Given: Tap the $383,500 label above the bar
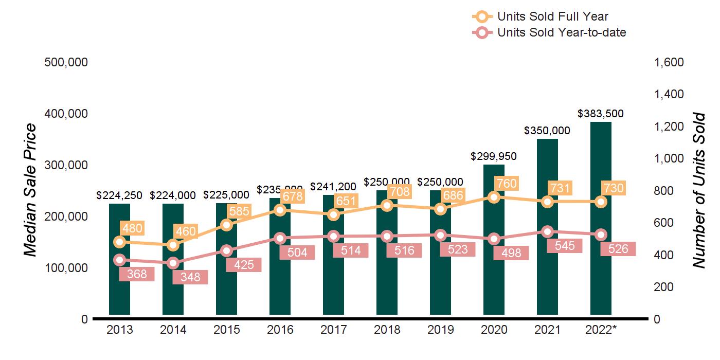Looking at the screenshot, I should (601, 114).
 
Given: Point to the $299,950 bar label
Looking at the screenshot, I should (494, 156).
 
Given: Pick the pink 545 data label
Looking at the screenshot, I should (565, 246).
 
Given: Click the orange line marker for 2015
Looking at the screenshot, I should (226, 225).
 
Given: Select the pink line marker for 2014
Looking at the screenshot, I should (173, 263).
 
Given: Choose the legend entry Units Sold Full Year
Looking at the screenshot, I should (553, 16).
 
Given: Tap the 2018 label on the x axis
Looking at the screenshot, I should (387, 330).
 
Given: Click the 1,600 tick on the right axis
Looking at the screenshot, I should (669, 62).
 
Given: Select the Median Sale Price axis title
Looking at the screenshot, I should (31, 190).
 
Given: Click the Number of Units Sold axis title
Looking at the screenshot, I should (698, 190).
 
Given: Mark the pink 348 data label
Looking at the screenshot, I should (190, 277).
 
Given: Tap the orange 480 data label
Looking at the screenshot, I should (132, 228).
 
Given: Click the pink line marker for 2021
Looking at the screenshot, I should (547, 231).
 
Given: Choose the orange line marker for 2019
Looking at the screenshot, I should (440, 209).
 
